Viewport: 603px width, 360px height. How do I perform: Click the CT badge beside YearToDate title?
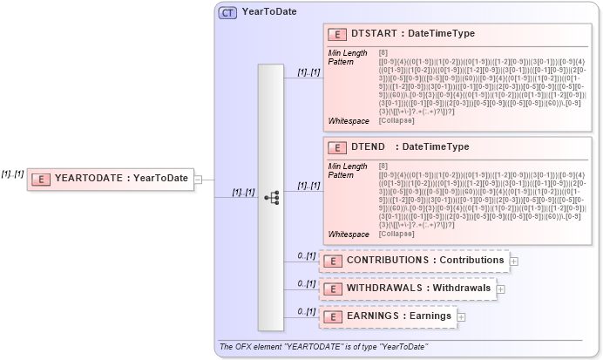point(227,12)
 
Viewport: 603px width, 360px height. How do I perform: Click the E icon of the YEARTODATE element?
point(40,179)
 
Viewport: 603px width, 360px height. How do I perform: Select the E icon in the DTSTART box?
point(336,35)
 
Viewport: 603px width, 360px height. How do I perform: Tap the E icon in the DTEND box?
point(336,147)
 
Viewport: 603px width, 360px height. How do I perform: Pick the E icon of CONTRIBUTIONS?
point(332,261)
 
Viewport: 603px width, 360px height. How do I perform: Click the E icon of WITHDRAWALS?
point(332,289)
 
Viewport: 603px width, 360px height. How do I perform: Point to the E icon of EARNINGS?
point(332,316)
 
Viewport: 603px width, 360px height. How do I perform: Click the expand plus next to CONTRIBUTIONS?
point(514,261)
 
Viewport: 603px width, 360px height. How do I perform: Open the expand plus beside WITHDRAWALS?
point(501,289)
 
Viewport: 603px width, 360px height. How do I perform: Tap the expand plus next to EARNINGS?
point(461,316)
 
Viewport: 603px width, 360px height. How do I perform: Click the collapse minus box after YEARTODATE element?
point(198,180)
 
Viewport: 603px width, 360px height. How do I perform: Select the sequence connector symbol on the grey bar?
point(271,197)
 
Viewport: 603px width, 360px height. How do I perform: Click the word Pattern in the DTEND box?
point(341,174)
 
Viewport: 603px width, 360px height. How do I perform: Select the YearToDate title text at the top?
point(269,11)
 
